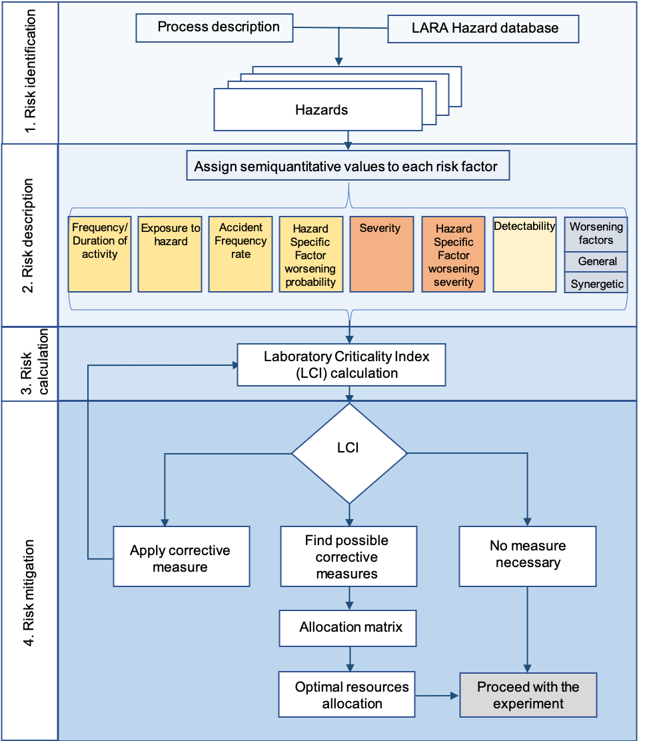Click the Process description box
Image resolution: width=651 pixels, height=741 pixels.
pyautogui.click(x=214, y=27)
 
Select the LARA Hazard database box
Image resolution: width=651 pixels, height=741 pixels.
pyautogui.click(x=483, y=29)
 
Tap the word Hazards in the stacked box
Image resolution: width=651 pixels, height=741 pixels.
pyautogui.click(x=321, y=110)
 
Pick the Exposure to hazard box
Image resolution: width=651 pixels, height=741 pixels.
pyautogui.click(x=170, y=254)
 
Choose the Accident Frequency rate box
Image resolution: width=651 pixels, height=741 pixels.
pyautogui.click(x=241, y=254)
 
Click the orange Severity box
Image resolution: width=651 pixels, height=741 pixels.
pyautogui.click(x=382, y=254)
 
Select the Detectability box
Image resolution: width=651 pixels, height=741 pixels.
pyautogui.click(x=524, y=254)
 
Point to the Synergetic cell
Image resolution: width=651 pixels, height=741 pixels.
pyautogui.click(x=596, y=284)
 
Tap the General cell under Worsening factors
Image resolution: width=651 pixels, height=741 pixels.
pyautogui.click(x=596, y=261)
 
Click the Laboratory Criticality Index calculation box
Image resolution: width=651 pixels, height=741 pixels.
pyautogui.click(x=341, y=365)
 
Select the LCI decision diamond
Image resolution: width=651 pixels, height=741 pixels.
pyautogui.click(x=348, y=453)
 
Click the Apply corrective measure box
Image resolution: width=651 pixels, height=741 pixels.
pyautogui.click(x=181, y=556)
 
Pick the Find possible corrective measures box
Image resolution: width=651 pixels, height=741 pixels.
pyautogui.click(x=348, y=556)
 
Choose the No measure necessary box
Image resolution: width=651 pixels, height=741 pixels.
pyautogui.click(x=528, y=555)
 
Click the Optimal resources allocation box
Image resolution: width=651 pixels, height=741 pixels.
pyautogui.click(x=347, y=694)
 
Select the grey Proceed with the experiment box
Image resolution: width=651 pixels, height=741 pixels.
pyautogui.click(x=528, y=695)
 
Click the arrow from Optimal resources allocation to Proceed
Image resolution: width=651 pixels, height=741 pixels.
pyautogui.click(x=437, y=695)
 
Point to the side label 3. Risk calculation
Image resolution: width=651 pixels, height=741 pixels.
pyautogui.click(x=30, y=364)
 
